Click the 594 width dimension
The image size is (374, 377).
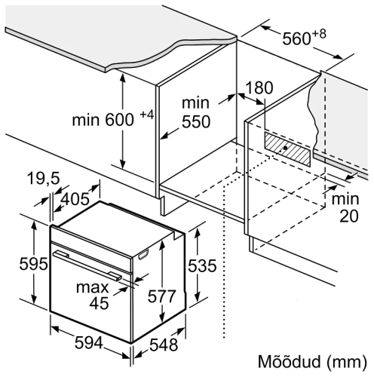[x=89, y=343]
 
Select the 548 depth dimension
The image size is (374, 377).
[x=164, y=344]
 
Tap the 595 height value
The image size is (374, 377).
[x=33, y=264]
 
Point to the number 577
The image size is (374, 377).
[x=161, y=296]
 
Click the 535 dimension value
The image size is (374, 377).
[x=202, y=265]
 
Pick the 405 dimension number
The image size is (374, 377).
[x=75, y=199]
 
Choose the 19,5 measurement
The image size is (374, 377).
[x=44, y=178]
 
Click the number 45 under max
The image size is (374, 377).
[x=100, y=303]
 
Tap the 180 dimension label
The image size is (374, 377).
[x=259, y=87]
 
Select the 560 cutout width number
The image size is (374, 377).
[x=297, y=39]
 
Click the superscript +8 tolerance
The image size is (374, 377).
[x=319, y=34]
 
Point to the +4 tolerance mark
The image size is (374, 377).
[x=147, y=115]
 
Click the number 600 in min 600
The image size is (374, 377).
[x=119, y=120]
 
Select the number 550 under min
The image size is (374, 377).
[x=196, y=122]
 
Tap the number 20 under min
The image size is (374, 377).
[x=349, y=216]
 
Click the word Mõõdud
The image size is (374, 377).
[x=290, y=362]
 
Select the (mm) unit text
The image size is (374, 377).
[x=347, y=363]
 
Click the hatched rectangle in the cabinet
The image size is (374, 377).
[x=287, y=149]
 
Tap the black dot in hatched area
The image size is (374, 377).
[x=285, y=148]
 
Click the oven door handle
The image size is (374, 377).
[x=87, y=265]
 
